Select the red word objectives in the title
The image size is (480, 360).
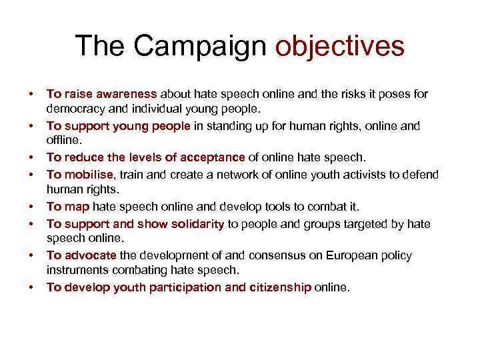tap(340, 46)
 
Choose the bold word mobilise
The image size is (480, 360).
tap(89, 174)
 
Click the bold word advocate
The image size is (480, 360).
tap(91, 255)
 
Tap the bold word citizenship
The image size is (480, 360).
tap(277, 287)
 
